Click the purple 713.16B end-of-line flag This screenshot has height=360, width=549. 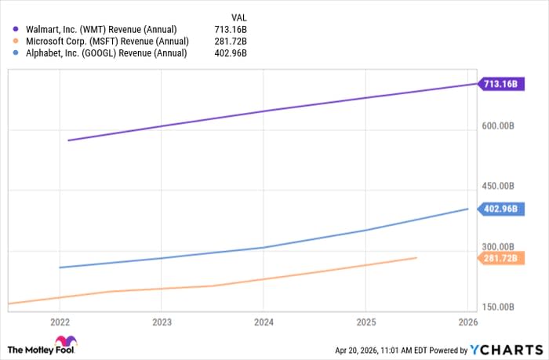(499, 83)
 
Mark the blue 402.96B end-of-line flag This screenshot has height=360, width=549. (499, 209)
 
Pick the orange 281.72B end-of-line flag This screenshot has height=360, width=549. (499, 258)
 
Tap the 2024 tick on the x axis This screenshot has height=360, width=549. (264, 322)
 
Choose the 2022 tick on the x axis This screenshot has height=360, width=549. (60, 322)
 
